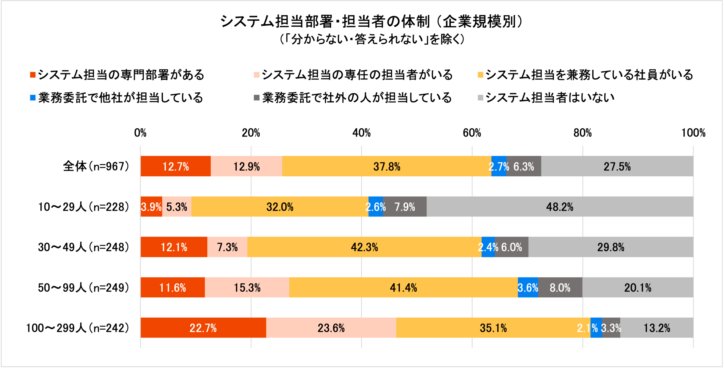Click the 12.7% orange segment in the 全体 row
176,166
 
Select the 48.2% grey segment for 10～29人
560,207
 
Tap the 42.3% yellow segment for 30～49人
364,247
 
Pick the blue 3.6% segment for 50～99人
528,288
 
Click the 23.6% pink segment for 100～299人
331,328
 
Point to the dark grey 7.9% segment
405,207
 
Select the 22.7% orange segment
203,328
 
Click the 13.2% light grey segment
657,328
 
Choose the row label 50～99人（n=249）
84,288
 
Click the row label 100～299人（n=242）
78,328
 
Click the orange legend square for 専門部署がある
33,75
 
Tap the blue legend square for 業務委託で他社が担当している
33,98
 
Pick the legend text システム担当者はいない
550,98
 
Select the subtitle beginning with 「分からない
372,39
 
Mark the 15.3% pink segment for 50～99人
247,288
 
